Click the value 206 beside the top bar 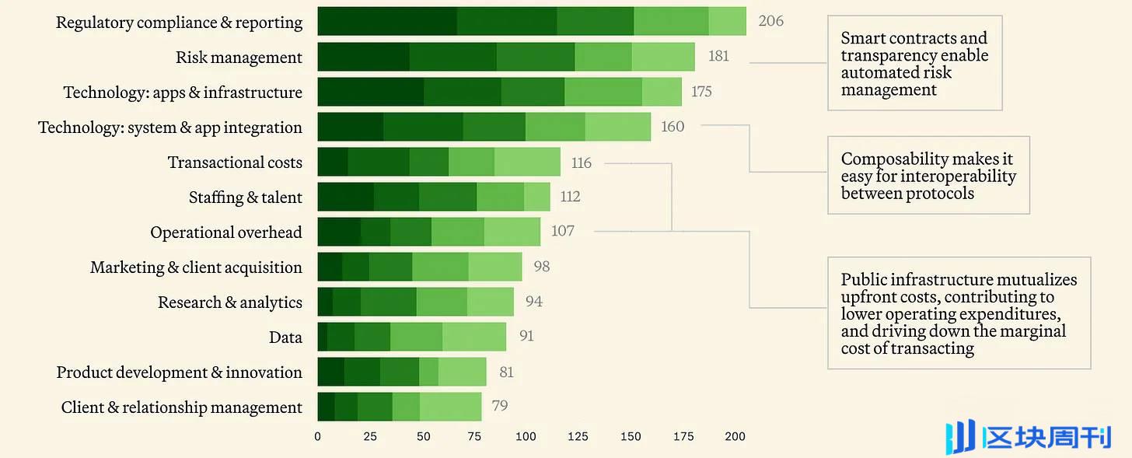[770, 21]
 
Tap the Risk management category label [239, 58]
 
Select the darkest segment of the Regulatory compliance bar [387, 21]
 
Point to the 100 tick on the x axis [526, 436]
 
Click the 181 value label [718, 56]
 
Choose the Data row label [285, 337]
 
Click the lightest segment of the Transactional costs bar [527, 162]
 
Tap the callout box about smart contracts [914, 63]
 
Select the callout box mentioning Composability [928, 176]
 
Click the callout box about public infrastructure [959, 313]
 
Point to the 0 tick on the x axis [317, 436]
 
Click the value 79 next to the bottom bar [500, 406]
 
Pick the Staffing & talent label [246, 198]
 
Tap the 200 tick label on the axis [735, 436]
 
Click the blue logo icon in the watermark [960, 437]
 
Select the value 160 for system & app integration [673, 126]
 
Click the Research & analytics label [230, 302]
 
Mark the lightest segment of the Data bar [474, 337]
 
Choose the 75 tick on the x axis [474, 436]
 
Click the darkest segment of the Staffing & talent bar [345, 197]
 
